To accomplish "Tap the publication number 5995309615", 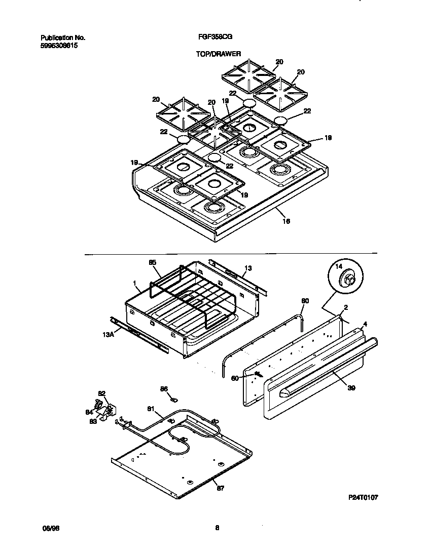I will [x=59, y=45].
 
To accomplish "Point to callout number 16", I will [x=286, y=220].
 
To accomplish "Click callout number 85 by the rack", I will [x=153, y=263].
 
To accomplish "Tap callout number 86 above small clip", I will [x=164, y=389].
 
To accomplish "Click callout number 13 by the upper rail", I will [x=248, y=267].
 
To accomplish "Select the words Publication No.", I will [x=63, y=37].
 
